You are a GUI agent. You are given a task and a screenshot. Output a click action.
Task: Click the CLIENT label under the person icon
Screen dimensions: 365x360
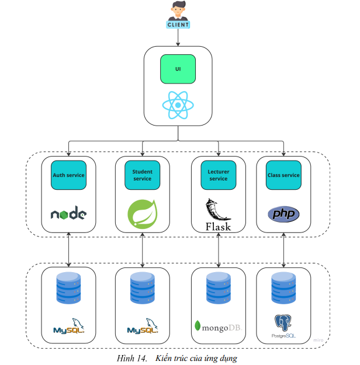178,25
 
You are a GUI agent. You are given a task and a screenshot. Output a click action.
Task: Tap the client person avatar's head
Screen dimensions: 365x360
178,8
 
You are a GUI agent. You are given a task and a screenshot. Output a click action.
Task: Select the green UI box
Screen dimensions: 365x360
178,69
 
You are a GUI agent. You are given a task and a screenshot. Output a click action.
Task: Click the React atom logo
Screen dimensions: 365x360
178,105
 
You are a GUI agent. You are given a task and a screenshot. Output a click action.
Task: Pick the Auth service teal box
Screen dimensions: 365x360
68,175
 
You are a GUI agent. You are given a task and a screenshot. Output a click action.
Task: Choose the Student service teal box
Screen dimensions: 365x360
142,175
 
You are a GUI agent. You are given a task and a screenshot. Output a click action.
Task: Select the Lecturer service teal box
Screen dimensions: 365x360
218,175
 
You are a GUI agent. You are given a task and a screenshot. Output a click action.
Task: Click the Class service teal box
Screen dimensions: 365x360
283,175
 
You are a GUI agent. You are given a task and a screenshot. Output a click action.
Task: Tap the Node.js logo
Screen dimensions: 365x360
68,214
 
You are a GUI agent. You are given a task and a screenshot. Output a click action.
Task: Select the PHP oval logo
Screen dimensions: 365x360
283,214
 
